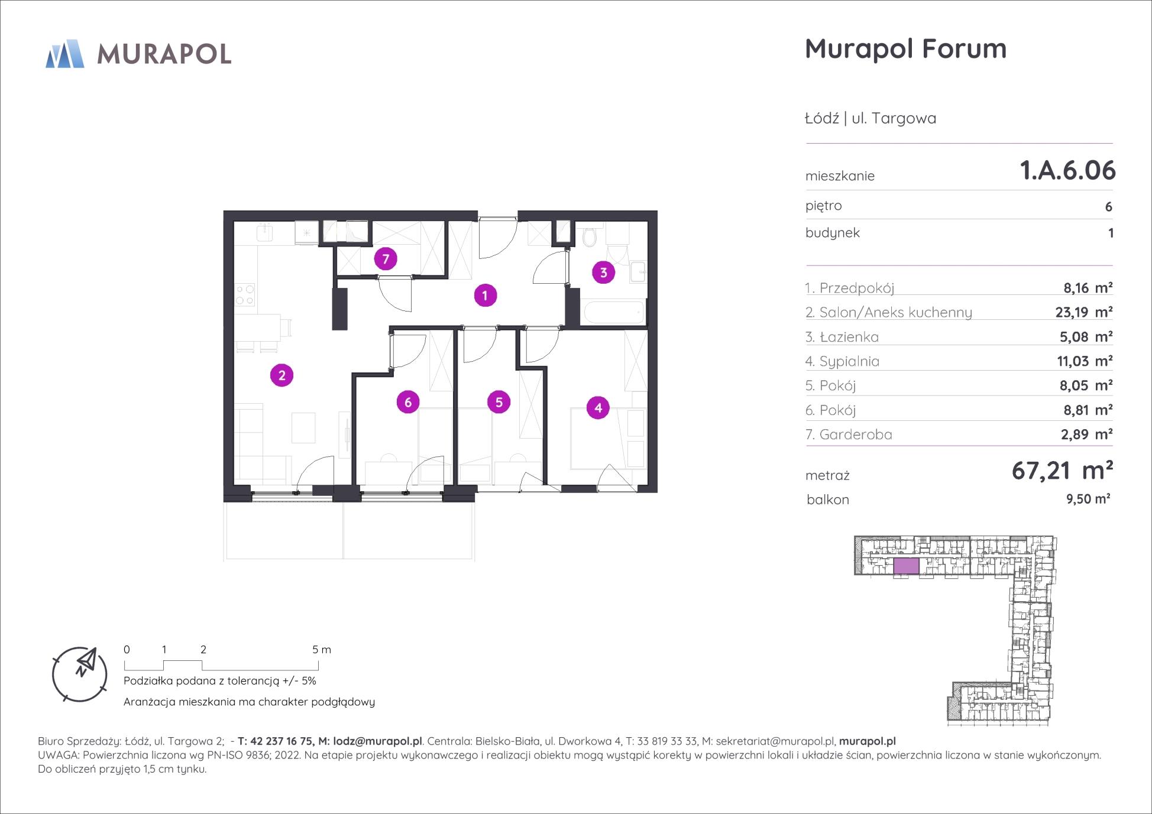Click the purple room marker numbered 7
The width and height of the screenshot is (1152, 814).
pos(386,259)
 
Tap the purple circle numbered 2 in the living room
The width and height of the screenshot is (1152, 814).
pos(281,375)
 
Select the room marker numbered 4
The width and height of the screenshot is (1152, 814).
pos(598,407)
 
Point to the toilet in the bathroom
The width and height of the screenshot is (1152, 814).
pos(589,237)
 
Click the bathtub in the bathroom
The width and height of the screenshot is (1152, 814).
pos(613,312)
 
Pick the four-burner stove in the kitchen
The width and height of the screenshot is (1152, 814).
pos(245,295)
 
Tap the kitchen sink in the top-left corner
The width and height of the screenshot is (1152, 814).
pos(264,232)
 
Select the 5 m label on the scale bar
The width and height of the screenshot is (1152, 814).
pos(322,650)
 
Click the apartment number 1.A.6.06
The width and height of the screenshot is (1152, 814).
pos(1067,170)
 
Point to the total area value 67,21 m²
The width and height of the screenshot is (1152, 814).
pos(1062,471)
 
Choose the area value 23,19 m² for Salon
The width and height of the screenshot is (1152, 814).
pos(1084,312)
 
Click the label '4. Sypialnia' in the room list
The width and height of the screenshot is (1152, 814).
pos(842,361)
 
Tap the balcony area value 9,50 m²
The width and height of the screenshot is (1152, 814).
pos(1088,499)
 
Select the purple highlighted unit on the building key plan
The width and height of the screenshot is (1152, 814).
pos(906,566)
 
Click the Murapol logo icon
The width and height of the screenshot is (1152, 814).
pos(65,54)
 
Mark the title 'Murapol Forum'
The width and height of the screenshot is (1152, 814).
pos(905,48)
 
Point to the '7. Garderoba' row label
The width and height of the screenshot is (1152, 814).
pos(849,434)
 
